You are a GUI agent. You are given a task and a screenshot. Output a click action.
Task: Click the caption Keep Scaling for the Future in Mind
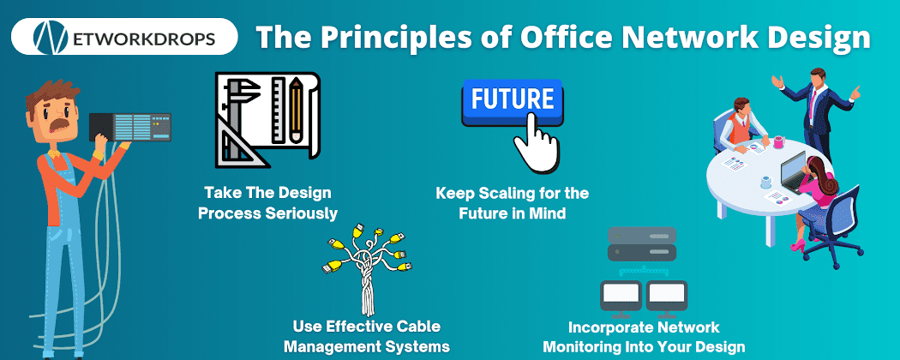click(513, 202)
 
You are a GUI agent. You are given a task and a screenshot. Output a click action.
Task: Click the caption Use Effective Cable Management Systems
click(366, 337)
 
